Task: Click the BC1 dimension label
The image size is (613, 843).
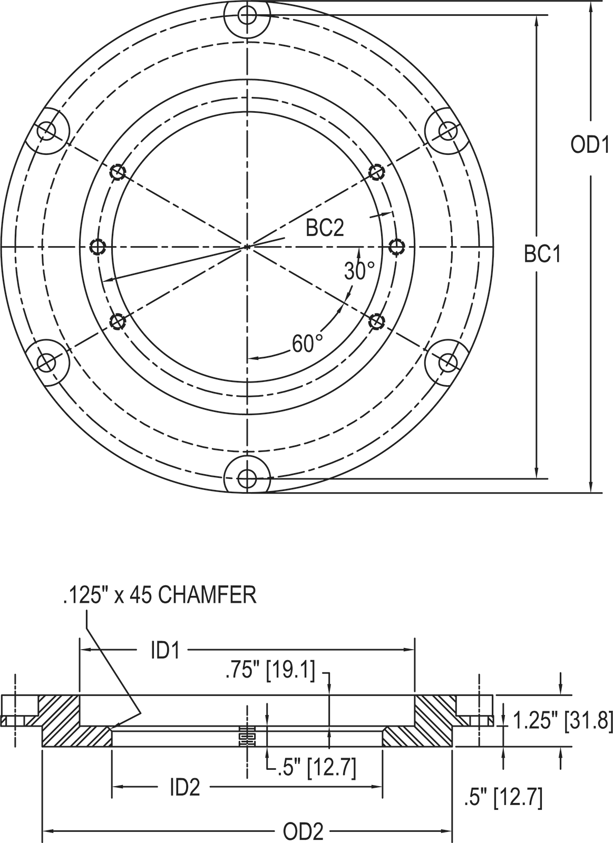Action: tap(542, 254)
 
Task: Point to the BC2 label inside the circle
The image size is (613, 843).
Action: tap(325, 228)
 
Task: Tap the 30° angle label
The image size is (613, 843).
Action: tap(360, 271)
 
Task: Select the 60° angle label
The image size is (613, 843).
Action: tap(308, 344)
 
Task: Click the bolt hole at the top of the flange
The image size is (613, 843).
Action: tap(247, 15)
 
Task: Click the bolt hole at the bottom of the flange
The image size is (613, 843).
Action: tap(246, 478)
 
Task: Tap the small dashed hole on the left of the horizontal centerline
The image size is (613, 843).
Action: tap(98, 246)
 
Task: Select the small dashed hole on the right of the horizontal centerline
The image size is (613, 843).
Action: tap(396, 246)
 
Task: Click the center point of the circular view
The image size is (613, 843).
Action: tap(247, 246)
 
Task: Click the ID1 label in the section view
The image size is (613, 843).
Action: tap(166, 651)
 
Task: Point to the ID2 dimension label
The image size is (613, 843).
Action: tap(185, 788)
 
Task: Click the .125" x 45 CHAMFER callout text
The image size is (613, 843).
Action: tap(159, 595)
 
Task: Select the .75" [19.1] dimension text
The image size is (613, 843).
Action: tap(270, 671)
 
